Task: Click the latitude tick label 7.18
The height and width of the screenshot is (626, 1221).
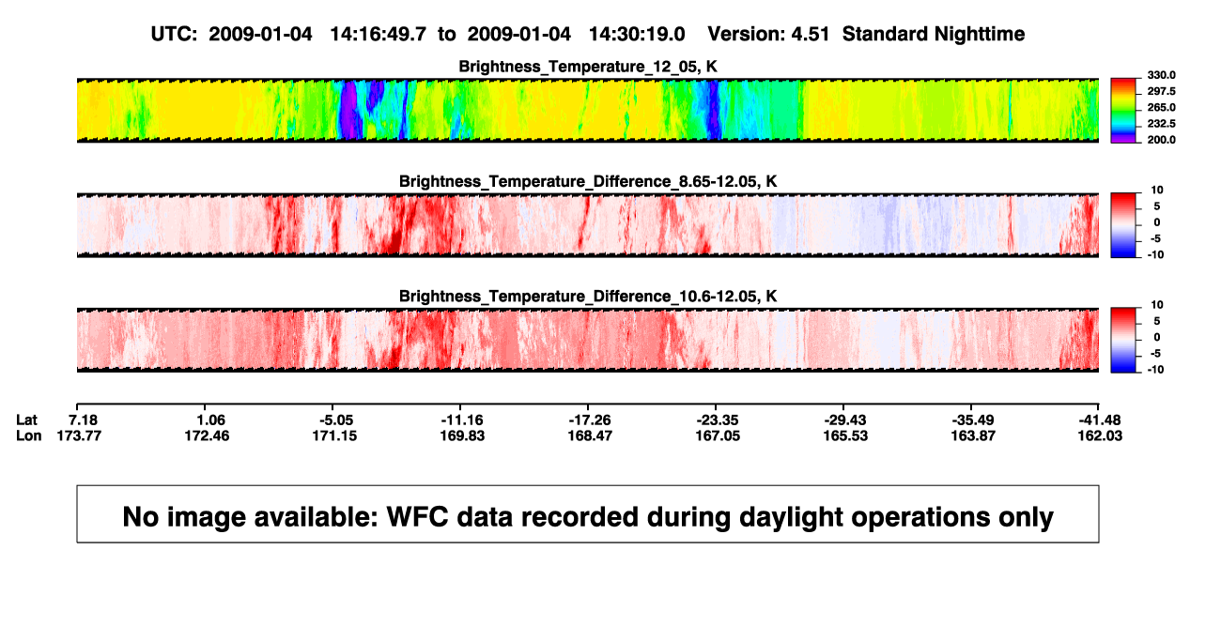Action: (83, 420)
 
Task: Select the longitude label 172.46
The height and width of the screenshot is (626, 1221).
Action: (207, 435)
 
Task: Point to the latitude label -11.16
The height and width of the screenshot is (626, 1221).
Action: (462, 420)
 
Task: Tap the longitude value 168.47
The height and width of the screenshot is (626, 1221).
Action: (590, 435)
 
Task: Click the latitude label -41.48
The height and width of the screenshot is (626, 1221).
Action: (1100, 420)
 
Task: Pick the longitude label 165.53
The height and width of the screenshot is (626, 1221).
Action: (845, 435)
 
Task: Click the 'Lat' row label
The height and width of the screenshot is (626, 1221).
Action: (26, 420)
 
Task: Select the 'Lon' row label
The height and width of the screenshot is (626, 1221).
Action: (28, 435)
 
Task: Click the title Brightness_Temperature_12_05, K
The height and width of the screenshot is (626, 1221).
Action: (588, 67)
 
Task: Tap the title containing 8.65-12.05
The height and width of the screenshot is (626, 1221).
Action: (588, 181)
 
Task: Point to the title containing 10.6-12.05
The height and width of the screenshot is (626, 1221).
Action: (588, 297)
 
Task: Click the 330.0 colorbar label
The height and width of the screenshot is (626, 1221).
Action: (1161, 75)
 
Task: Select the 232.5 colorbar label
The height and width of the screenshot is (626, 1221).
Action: (1161, 124)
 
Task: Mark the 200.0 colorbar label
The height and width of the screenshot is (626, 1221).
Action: (1161, 140)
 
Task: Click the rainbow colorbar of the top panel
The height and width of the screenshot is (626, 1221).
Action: (1123, 111)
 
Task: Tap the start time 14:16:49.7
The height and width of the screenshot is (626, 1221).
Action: (379, 35)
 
